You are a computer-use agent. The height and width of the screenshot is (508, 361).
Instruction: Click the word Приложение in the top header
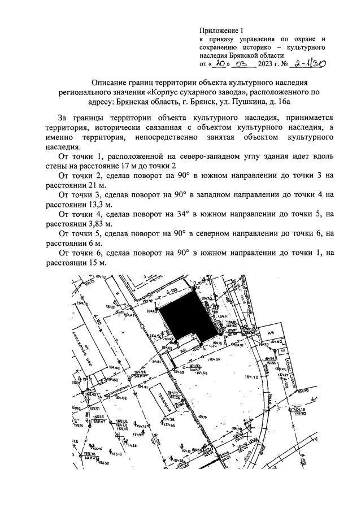[218, 30]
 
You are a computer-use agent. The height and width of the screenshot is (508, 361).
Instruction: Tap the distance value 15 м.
[95, 264]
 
